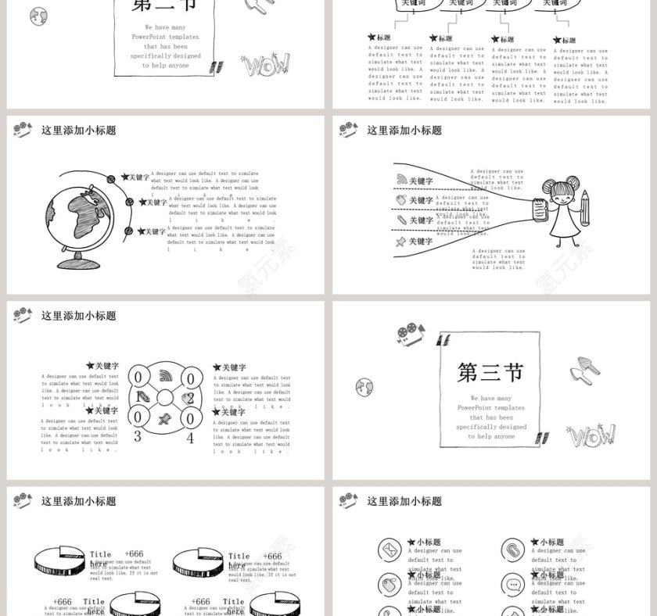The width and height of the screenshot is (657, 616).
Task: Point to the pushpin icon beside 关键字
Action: [401, 242]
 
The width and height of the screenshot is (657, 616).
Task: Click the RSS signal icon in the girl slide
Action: [401, 181]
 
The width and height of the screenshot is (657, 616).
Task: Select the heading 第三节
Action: [490, 372]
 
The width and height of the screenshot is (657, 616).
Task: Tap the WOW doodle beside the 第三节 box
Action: [591, 436]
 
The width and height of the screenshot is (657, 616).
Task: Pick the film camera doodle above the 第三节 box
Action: [409, 335]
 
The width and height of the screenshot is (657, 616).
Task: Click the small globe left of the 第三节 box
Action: [364, 387]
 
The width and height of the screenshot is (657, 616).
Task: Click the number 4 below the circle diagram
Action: [190, 438]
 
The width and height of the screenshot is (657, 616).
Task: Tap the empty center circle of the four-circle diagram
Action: [164, 398]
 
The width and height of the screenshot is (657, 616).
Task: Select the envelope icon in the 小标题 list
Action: [389, 550]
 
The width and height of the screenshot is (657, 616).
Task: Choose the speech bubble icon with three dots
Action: [512, 584]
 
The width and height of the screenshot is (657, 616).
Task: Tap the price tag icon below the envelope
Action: [389, 584]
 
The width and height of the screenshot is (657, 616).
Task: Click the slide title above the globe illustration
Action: [78, 131]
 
